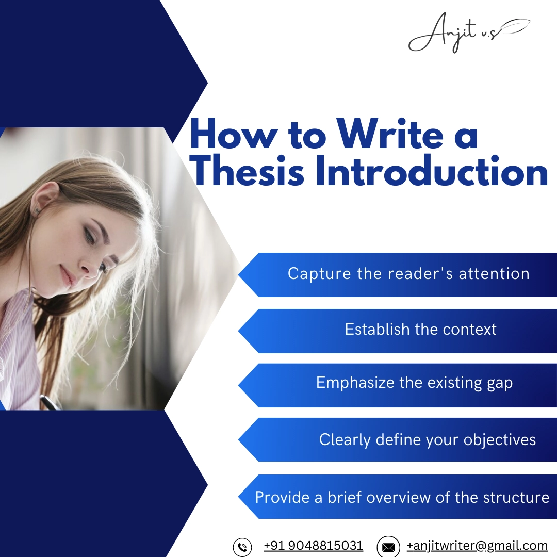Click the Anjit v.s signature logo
467,34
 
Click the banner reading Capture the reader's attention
407,274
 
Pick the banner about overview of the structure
402,498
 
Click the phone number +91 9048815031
313,546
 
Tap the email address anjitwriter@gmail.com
477,546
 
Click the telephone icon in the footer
242,547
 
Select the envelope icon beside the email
388,547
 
